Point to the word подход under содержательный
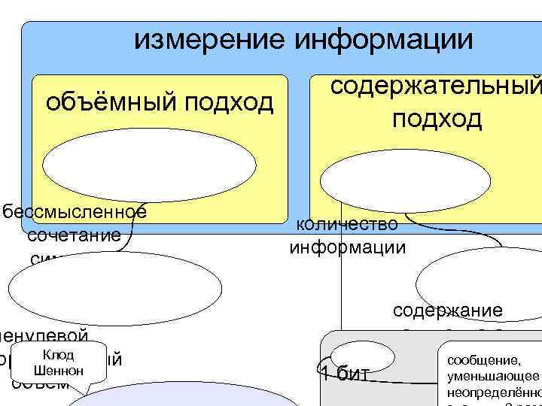436,119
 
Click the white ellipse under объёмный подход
148,170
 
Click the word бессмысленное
74,211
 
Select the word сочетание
74,235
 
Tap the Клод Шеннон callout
58,363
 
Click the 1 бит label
344,374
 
